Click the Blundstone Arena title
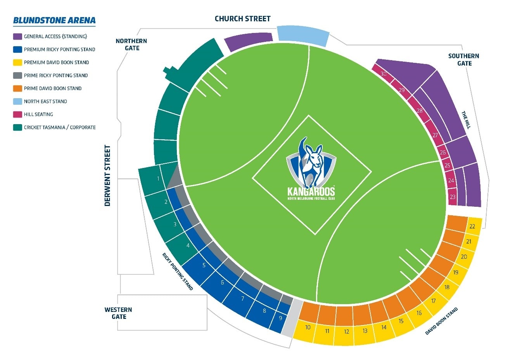coord(54,20)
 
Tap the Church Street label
coord(242,19)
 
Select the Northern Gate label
coord(131,45)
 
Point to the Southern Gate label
coord(464,59)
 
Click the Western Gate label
coord(118,313)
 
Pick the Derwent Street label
coord(108,175)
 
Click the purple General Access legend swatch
coord(17,36)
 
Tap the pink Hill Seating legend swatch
coord(17,114)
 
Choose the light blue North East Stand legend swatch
coord(17,101)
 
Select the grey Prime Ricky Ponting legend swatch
coord(17,75)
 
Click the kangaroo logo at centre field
coord(311,167)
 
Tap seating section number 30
coord(384,74)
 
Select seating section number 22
coord(472,227)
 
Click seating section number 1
coord(158,179)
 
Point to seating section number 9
coord(280,318)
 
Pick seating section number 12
coord(346,332)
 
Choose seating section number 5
coord(204,265)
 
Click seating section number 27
coord(435,135)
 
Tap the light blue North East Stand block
coord(303,33)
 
